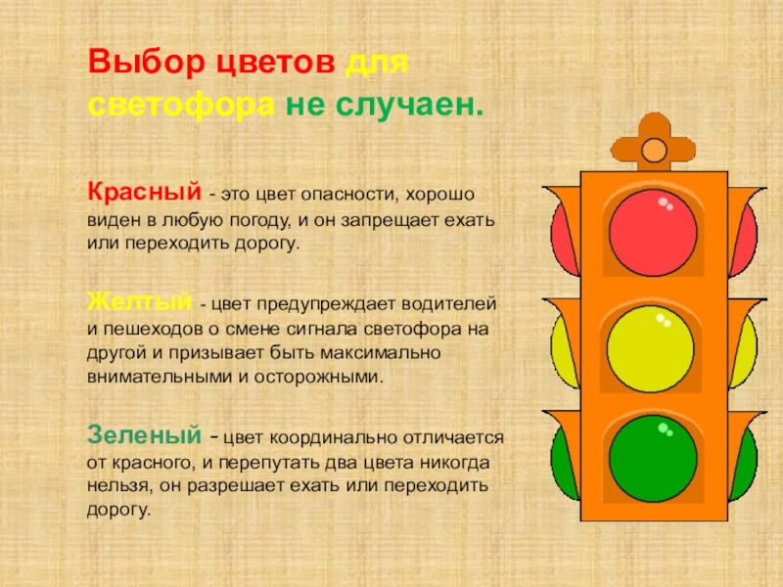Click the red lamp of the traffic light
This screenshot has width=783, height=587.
[x=653, y=233]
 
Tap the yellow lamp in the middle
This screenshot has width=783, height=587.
[x=650, y=348]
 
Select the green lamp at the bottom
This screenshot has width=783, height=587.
[x=653, y=458]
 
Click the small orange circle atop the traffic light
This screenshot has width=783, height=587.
[x=654, y=150]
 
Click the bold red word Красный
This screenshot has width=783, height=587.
[x=144, y=191]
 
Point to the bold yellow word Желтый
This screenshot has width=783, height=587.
[x=139, y=301]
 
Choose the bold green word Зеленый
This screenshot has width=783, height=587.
[x=144, y=434]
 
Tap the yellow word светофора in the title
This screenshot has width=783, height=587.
[x=181, y=106]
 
